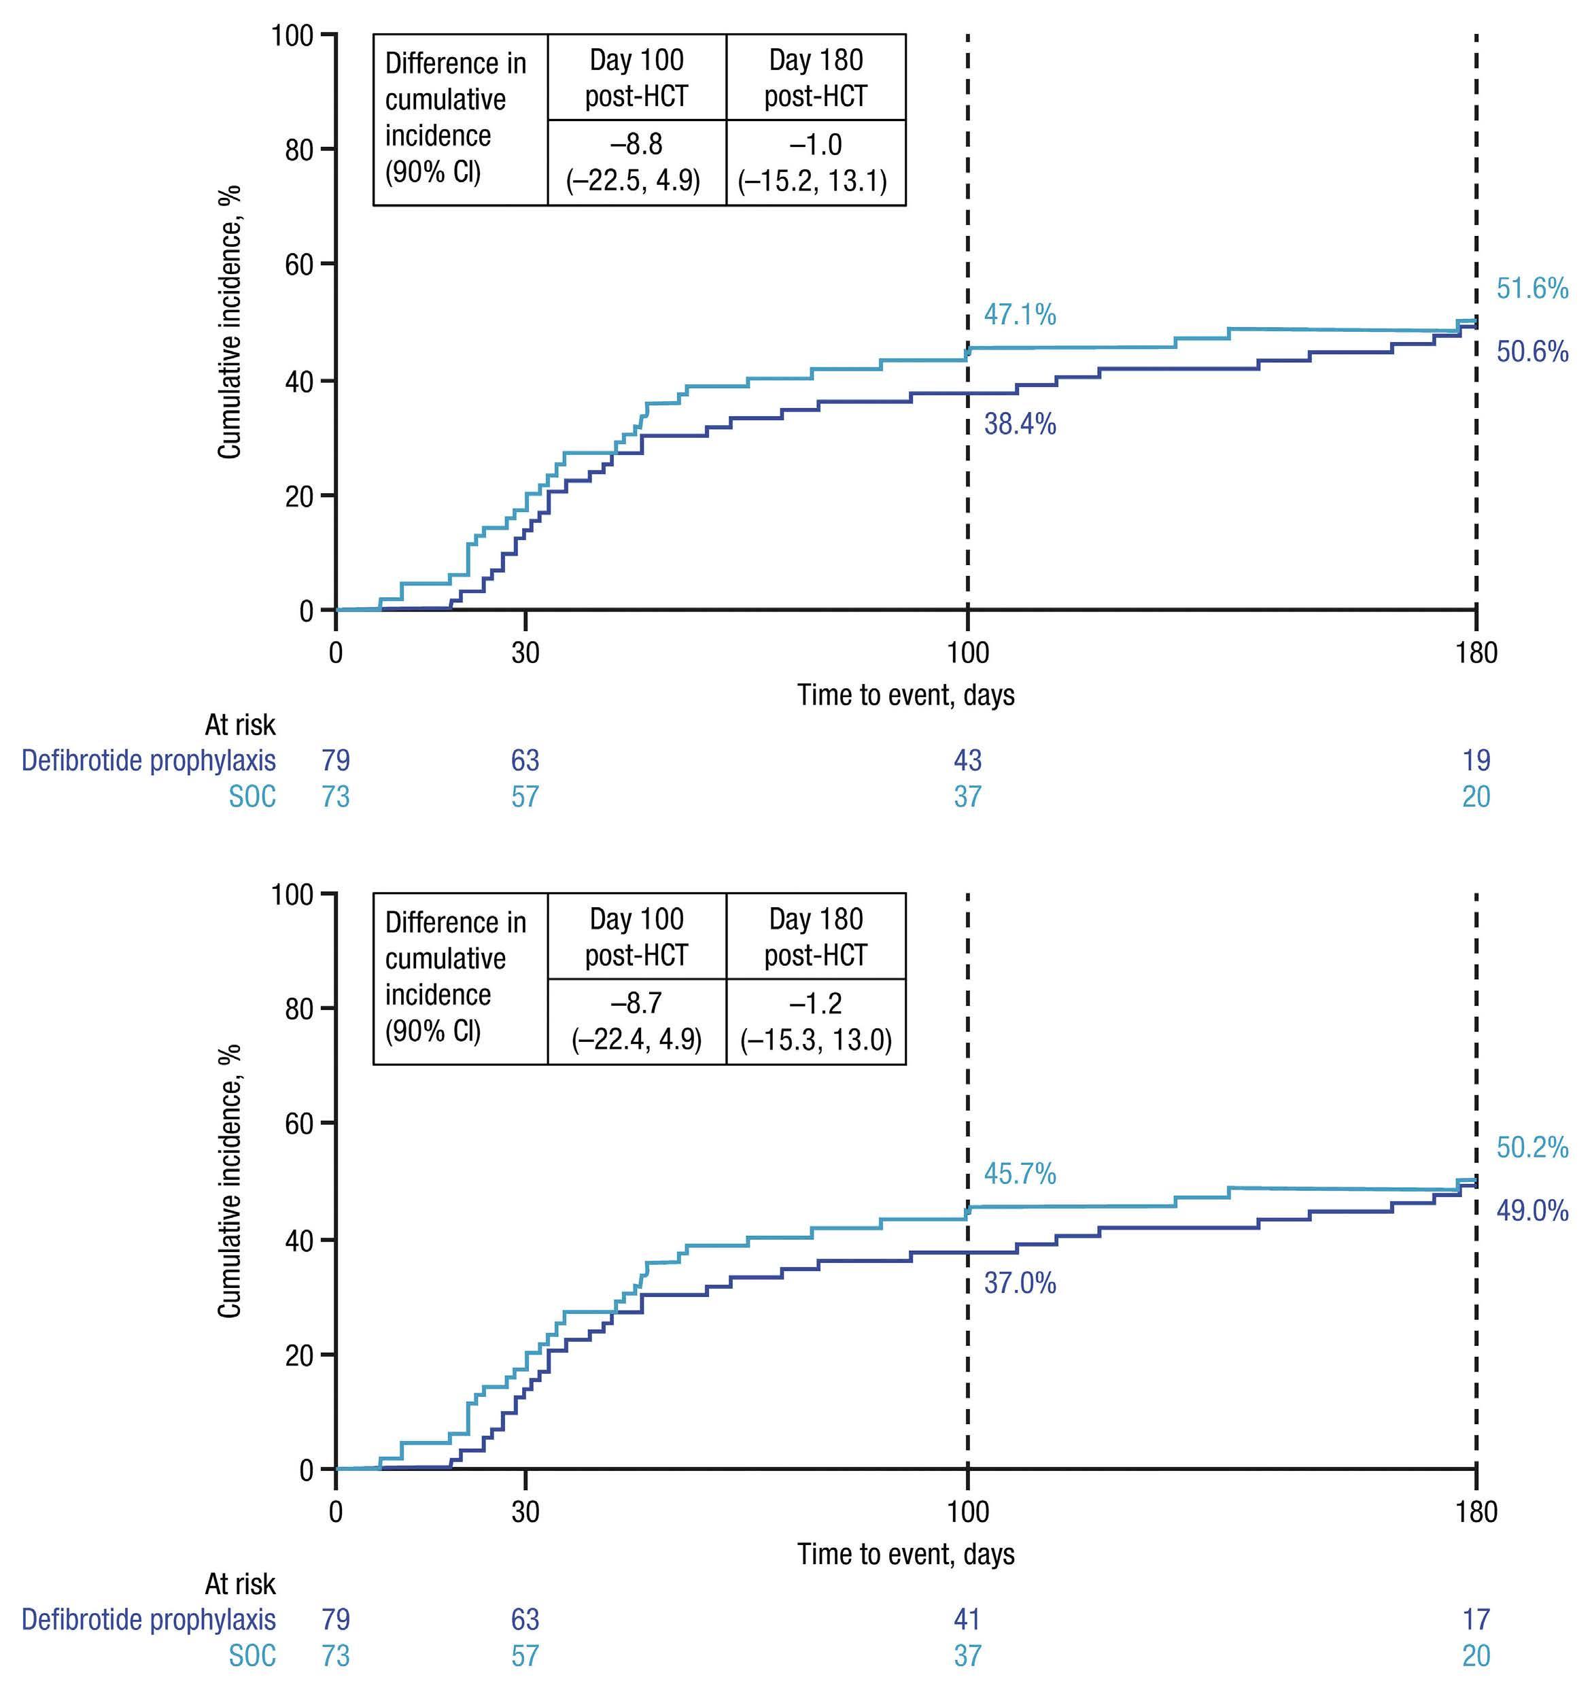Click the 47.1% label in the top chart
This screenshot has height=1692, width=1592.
1020,316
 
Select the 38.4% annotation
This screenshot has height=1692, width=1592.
1020,424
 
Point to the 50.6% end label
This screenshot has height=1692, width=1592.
1532,352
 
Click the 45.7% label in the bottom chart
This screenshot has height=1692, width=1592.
1020,1174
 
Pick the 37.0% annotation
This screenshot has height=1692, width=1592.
1020,1283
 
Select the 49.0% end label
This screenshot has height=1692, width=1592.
1532,1211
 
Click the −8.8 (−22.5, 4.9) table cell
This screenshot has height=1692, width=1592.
636,163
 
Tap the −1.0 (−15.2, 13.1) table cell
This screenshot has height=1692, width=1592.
815,163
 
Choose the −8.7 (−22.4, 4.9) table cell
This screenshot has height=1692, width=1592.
636,1021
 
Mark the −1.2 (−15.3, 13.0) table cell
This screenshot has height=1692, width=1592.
815,1021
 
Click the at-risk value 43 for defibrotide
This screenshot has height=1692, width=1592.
967,760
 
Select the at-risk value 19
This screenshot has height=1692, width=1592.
1476,760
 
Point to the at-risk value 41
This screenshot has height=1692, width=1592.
967,1619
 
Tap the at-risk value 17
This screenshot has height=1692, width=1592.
1476,1619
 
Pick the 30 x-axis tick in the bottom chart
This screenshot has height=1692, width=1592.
525,1512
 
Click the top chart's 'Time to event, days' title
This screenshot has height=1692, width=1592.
905,695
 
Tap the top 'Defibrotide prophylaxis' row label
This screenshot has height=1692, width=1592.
149,760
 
